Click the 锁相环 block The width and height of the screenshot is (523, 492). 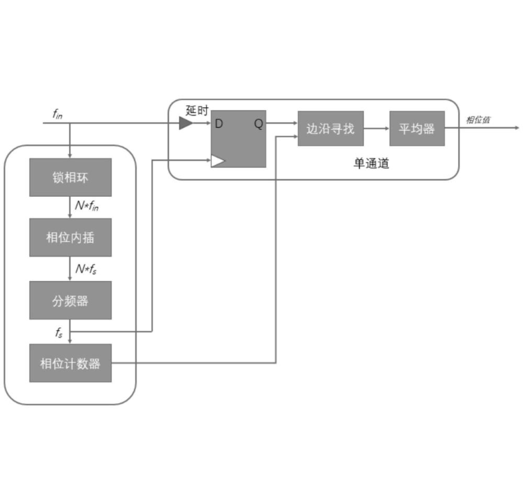(x=70, y=177)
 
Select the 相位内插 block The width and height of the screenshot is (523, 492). (x=70, y=237)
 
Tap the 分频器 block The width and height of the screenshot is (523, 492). (x=70, y=300)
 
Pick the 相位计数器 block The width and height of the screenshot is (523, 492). (x=70, y=363)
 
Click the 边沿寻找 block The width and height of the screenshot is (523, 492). (x=330, y=129)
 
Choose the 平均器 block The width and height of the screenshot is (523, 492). (x=416, y=129)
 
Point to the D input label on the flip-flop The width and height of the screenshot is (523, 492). (x=219, y=123)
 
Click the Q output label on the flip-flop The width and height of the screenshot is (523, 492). (x=258, y=123)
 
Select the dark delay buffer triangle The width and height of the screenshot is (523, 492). (x=186, y=123)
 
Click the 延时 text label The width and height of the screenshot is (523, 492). (x=197, y=110)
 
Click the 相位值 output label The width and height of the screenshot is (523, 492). (x=478, y=119)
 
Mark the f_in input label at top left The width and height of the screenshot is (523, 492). (x=58, y=114)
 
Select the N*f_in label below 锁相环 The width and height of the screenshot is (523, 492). (x=87, y=206)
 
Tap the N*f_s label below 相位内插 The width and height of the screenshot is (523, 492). (x=86, y=269)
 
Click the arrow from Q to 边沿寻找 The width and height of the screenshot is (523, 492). (x=282, y=123)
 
